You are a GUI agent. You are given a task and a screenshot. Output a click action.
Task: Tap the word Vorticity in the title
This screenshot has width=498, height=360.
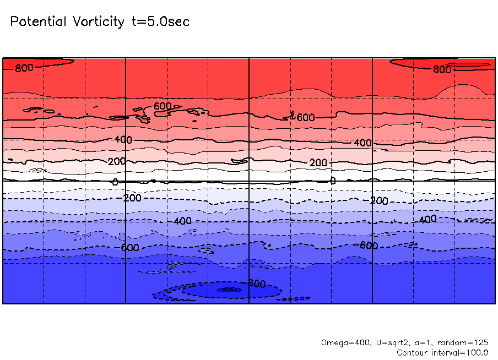tap(97, 21)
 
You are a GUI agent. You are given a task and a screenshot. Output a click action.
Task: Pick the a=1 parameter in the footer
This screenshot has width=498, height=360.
tap(410, 342)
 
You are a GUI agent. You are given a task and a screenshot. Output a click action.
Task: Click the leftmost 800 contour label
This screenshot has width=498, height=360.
tap(24, 68)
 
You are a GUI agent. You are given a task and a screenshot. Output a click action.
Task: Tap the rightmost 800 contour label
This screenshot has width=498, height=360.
tap(442, 69)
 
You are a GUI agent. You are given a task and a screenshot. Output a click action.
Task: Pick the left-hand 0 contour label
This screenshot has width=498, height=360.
tap(115, 182)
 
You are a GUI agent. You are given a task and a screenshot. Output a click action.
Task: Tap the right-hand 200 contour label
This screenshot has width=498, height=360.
tap(318, 163)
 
